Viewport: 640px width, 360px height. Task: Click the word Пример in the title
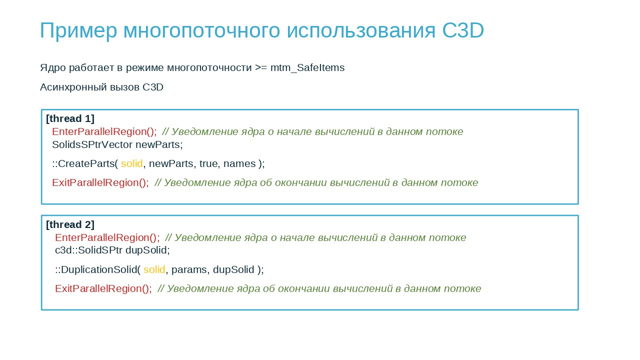tap(78, 31)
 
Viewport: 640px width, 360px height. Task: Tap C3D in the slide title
tap(463, 30)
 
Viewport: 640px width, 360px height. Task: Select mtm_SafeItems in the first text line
tap(307, 68)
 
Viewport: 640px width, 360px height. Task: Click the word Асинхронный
tap(73, 87)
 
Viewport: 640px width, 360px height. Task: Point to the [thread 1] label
tap(70, 118)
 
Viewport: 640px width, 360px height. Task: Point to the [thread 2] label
tap(70, 224)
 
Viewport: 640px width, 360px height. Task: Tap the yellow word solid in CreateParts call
tap(131, 163)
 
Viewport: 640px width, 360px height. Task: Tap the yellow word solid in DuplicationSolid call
tap(154, 269)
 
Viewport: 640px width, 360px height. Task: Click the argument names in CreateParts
tap(239, 164)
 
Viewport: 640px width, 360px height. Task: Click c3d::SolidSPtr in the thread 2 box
tap(88, 250)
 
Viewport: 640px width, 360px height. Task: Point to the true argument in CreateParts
tap(209, 163)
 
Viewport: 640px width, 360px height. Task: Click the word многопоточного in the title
tap(201, 31)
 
